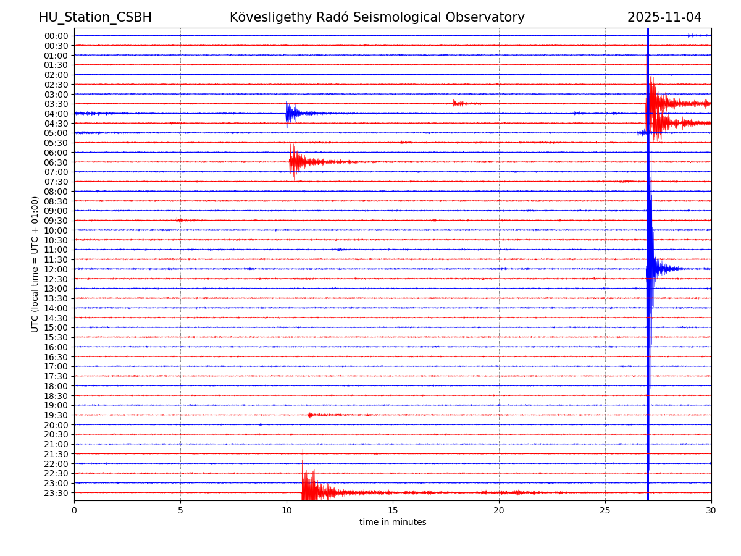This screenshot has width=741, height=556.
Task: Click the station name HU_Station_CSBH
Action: [x=95, y=17]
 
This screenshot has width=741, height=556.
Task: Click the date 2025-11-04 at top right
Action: [x=664, y=17]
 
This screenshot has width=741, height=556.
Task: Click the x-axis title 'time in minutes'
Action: [x=393, y=523]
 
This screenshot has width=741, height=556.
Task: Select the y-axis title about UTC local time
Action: [x=35, y=264]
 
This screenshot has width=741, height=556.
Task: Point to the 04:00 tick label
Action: [x=56, y=114]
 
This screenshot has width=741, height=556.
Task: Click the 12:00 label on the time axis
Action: [x=56, y=269]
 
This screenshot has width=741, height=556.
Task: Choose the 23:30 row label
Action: [x=56, y=493]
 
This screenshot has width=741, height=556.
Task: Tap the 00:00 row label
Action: [x=56, y=36]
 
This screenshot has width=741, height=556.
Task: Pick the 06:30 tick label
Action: [x=56, y=162]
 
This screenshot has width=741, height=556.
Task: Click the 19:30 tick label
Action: [x=56, y=415]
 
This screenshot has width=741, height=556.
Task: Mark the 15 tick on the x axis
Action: [x=393, y=510]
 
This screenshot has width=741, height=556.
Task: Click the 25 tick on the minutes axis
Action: [x=605, y=510]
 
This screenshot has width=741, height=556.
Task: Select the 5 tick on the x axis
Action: [x=180, y=510]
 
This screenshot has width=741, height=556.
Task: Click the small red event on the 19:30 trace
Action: [x=312, y=415]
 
